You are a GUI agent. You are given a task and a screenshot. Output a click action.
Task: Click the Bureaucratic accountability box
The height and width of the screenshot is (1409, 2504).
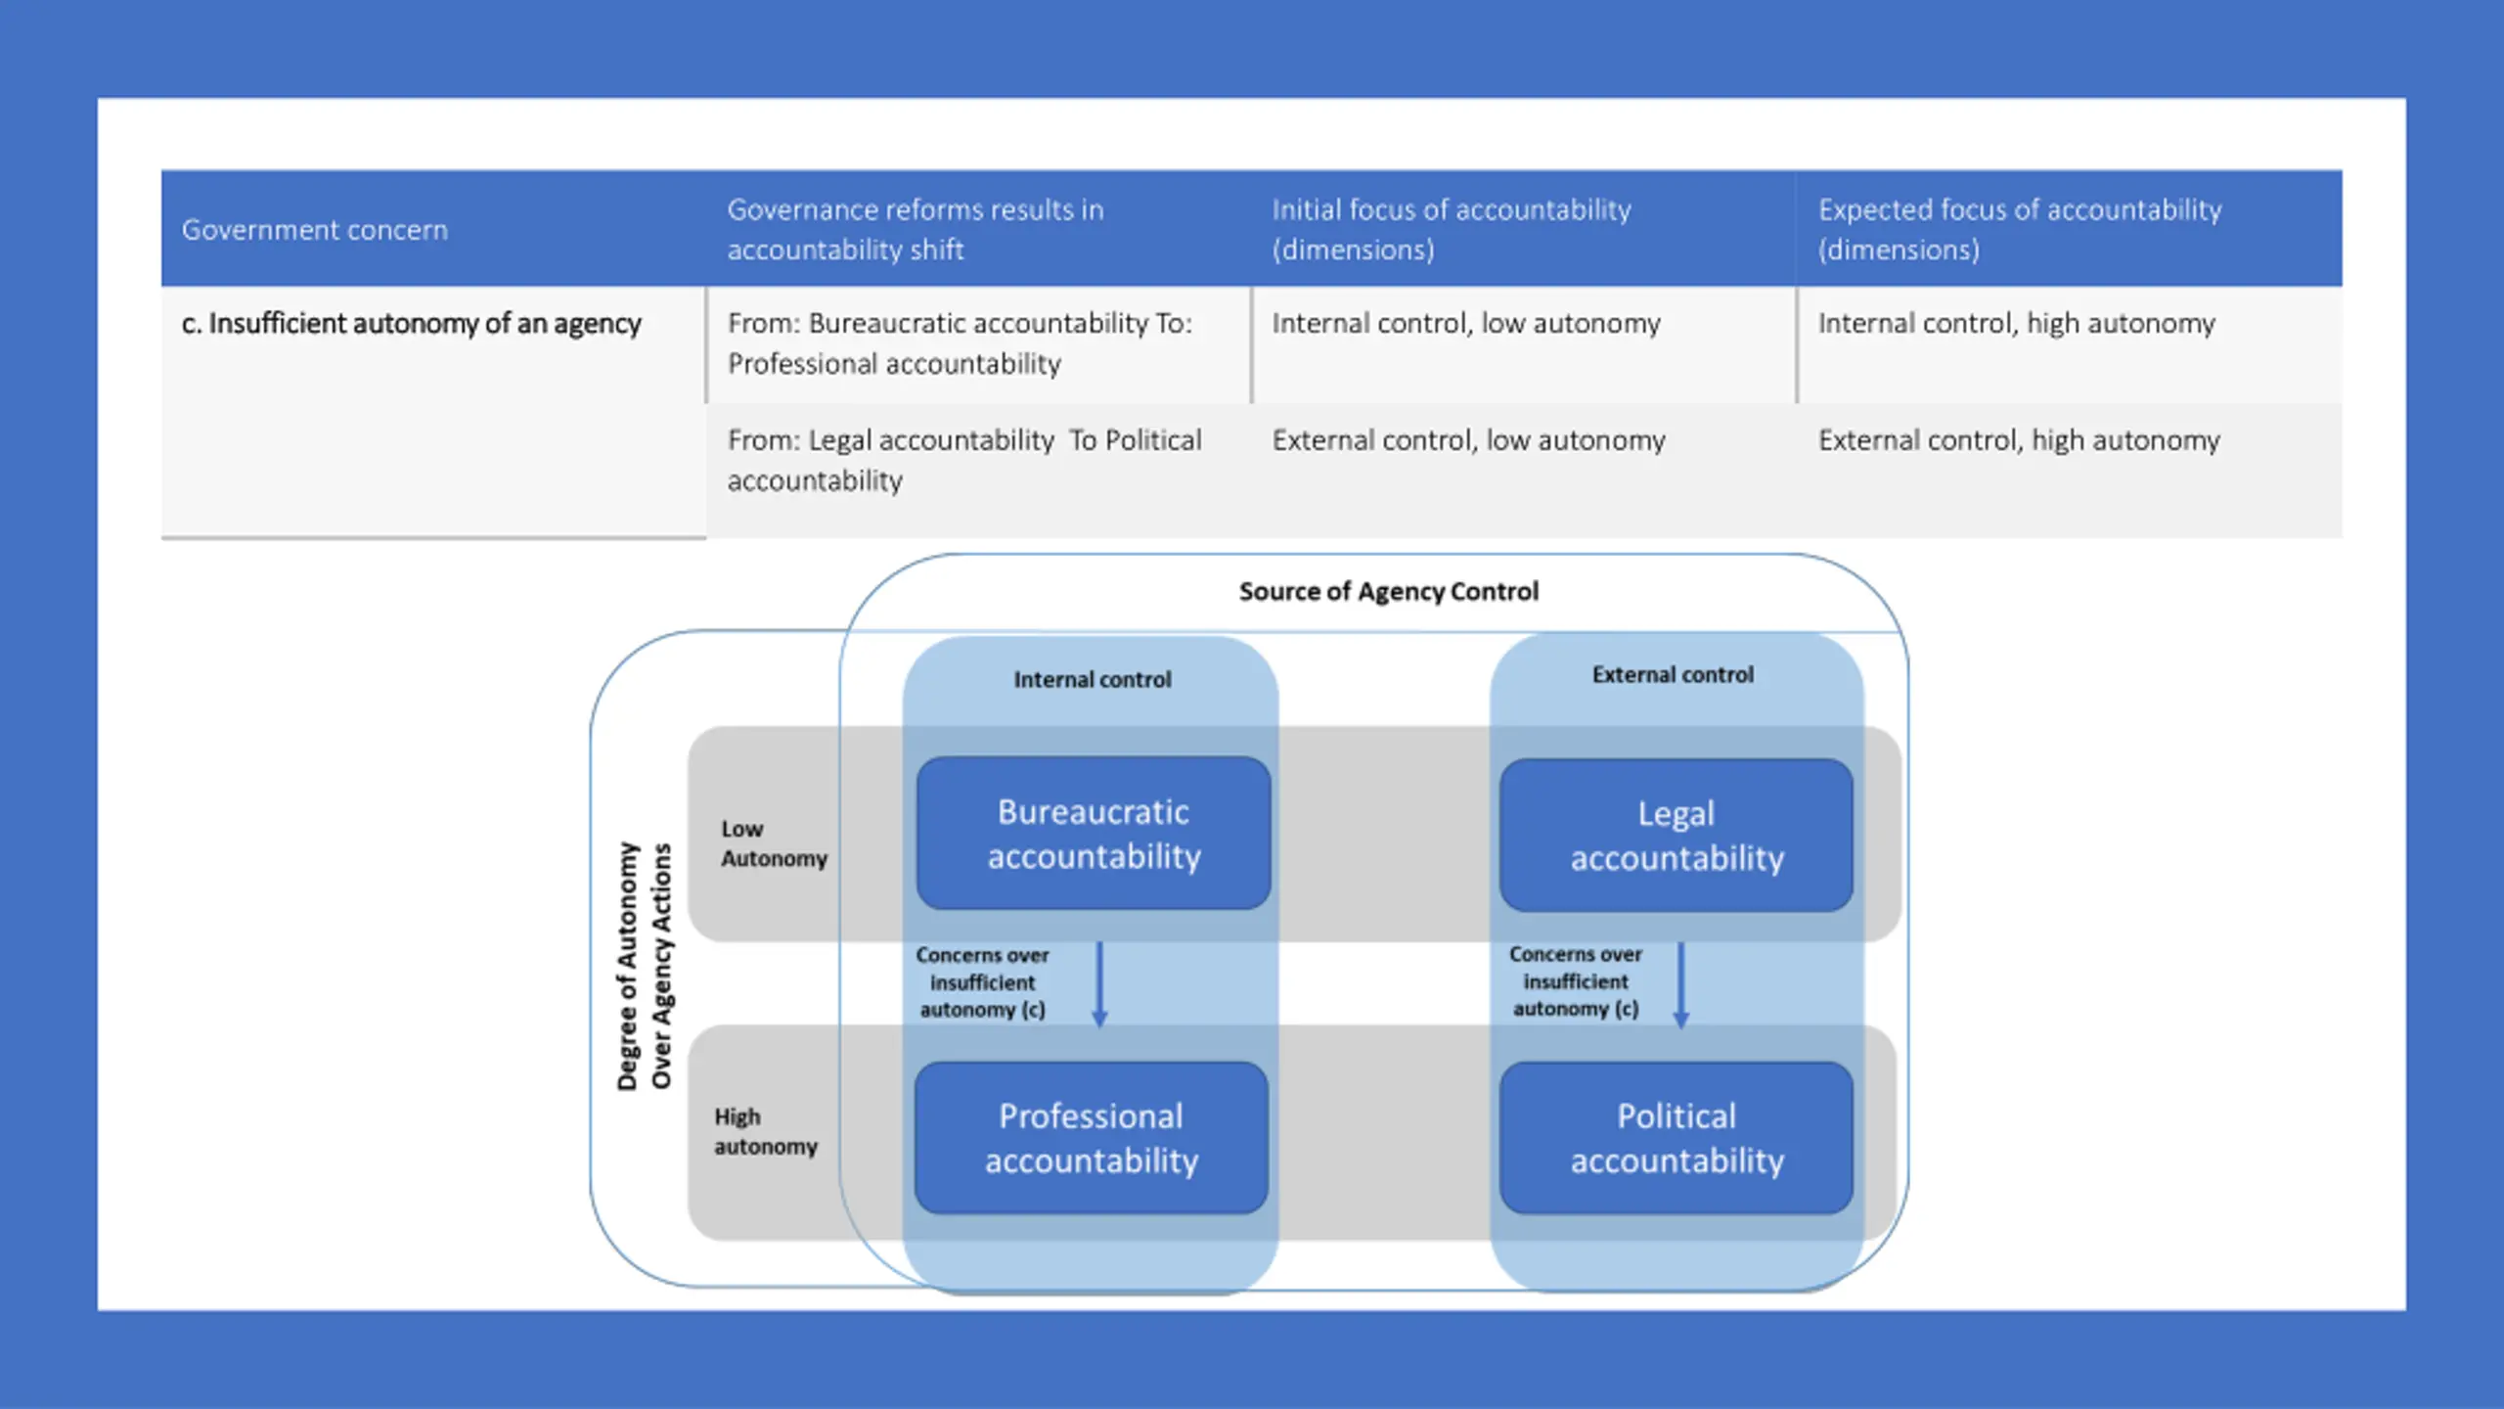pyautogui.click(x=1094, y=834)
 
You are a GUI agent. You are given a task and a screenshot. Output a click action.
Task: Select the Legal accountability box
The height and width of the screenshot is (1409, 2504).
pyautogui.click(x=1677, y=836)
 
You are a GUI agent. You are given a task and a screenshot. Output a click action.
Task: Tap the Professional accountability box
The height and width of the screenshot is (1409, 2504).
pyautogui.click(x=1092, y=1138)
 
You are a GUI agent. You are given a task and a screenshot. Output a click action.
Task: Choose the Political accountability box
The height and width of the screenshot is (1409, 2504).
pyautogui.click(x=1677, y=1138)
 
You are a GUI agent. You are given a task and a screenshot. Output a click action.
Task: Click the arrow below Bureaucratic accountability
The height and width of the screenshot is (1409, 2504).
pyautogui.click(x=1099, y=983)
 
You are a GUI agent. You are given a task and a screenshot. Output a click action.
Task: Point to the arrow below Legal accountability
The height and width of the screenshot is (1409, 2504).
pyautogui.click(x=1681, y=983)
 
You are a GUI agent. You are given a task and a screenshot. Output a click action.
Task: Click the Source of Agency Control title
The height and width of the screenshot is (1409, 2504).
pyautogui.click(x=1388, y=592)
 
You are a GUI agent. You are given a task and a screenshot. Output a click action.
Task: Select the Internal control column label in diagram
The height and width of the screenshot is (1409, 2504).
pyautogui.click(x=1092, y=680)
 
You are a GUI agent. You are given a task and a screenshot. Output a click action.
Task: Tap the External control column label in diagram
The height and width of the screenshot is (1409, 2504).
pyautogui.click(x=1673, y=675)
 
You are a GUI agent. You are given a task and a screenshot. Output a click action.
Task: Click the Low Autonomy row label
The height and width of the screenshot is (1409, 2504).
pyautogui.click(x=773, y=843)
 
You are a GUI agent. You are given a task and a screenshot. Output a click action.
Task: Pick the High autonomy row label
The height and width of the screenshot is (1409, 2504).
pyautogui.click(x=765, y=1131)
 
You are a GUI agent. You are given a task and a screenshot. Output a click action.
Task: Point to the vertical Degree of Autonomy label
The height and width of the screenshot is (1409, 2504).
pyautogui.click(x=644, y=966)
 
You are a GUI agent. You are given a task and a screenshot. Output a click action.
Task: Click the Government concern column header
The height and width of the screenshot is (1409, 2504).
pyautogui.click(x=314, y=230)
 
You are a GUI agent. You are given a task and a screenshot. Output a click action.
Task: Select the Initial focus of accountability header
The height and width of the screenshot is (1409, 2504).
pyautogui.click(x=1451, y=229)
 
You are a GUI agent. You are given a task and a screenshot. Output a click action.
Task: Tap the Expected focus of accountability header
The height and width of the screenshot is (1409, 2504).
pyautogui.click(x=2019, y=229)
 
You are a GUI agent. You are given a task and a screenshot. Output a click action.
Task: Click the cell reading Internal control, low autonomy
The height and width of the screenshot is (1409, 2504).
pyautogui.click(x=1465, y=324)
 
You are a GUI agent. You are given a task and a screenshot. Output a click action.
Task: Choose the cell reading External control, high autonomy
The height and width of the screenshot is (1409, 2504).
pyautogui.click(x=2018, y=441)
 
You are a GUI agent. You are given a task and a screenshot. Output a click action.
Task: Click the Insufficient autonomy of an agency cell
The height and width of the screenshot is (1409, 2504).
pyautogui.click(x=411, y=324)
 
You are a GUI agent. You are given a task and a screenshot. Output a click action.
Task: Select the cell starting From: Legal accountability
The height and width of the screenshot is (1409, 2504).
pyautogui.click(x=963, y=460)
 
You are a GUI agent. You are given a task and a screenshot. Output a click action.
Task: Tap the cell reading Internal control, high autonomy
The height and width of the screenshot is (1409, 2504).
pyautogui.click(x=2016, y=324)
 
